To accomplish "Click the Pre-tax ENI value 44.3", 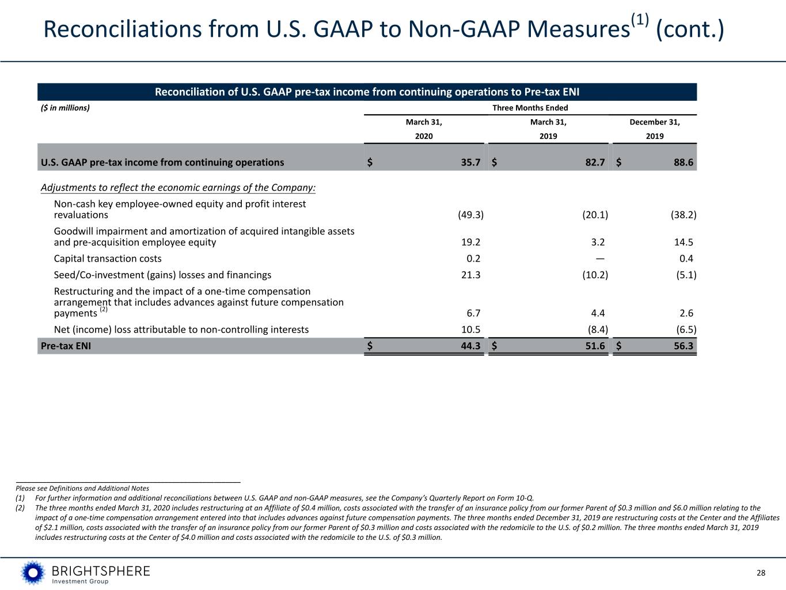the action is (470, 346).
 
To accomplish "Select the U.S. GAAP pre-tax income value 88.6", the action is (684, 162).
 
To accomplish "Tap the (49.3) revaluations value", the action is (470, 215).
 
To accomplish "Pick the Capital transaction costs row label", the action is (108, 259).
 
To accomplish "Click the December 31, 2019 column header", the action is (655, 129).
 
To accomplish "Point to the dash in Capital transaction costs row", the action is (600, 259).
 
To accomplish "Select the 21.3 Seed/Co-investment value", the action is (470, 275).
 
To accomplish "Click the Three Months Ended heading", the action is (530, 108).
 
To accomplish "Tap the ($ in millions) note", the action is (65, 108).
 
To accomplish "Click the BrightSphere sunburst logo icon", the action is (33, 573).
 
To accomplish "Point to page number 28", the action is (761, 573).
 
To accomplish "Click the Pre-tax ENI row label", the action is (66, 346).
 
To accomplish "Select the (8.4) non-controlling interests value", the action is (598, 330).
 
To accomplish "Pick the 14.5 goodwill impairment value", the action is (684, 242).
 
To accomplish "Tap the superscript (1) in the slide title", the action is (640, 20).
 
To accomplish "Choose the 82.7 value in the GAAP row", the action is (595, 162).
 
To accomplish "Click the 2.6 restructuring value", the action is (686, 313).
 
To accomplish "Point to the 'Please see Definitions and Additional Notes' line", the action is (82, 488).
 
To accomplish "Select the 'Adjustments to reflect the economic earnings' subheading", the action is (178, 188).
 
